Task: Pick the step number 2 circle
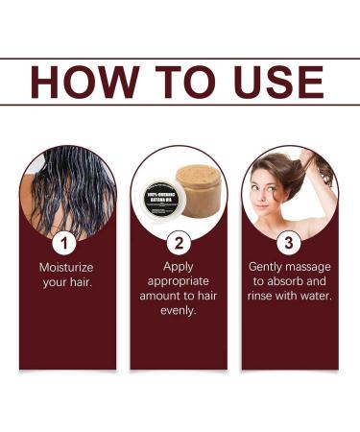point(180,242)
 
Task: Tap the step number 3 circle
point(290,242)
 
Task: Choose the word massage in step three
point(315,265)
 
